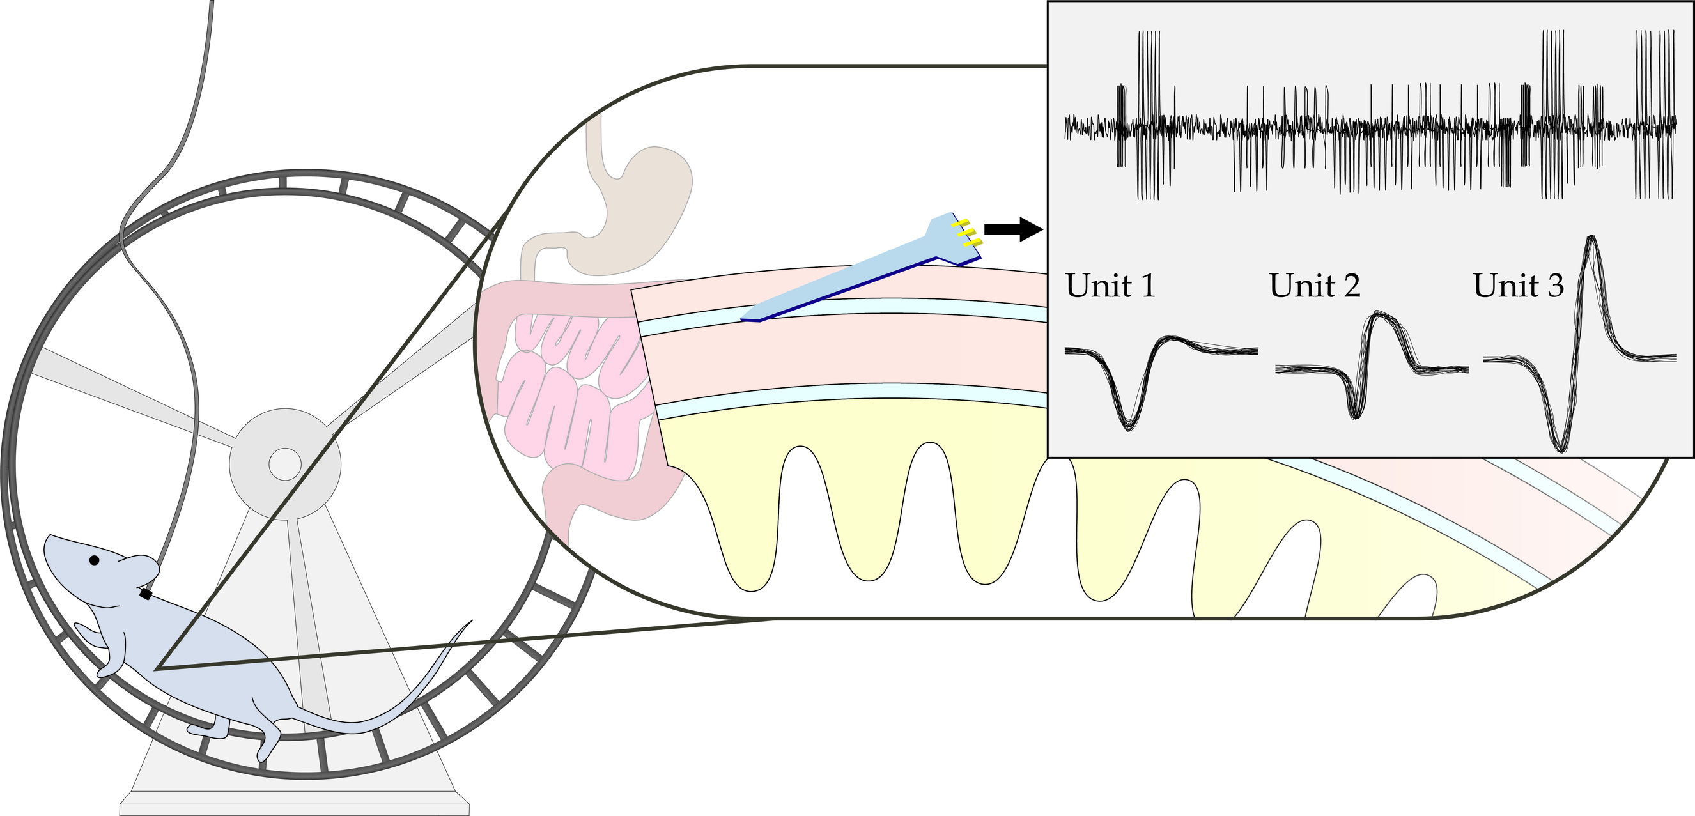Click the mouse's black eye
pos(94,560)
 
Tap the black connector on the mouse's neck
pos(146,594)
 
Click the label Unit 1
pos(1110,286)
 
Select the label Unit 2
pos(1314,286)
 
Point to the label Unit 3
pos(1518,286)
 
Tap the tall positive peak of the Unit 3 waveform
pos(1591,240)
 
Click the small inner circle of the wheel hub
pos(285,463)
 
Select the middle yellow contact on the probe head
pos(966,233)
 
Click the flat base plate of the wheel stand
pos(294,809)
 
